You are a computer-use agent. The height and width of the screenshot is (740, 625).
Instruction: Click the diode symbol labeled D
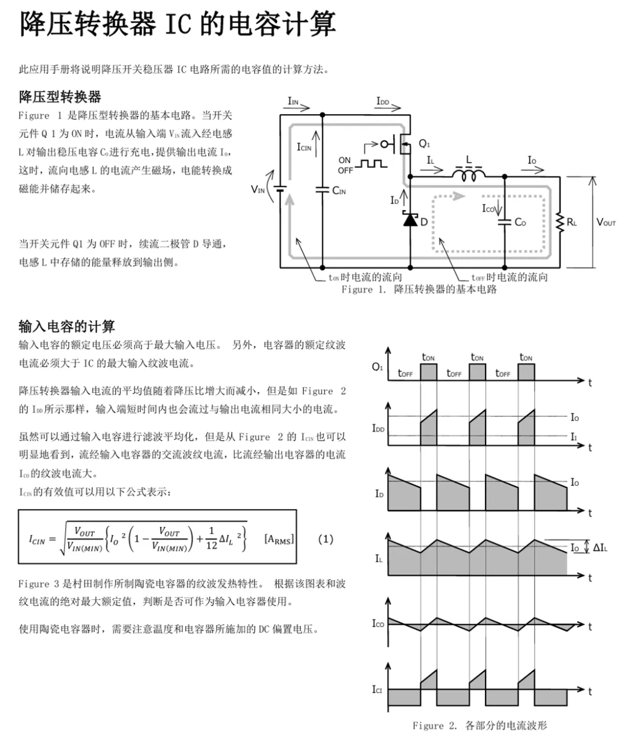click(x=410, y=220)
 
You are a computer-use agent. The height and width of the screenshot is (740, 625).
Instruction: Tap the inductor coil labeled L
click(x=468, y=173)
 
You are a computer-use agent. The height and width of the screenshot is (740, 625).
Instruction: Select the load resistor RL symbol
click(x=560, y=222)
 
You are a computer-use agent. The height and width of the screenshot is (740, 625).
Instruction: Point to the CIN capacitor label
click(x=339, y=191)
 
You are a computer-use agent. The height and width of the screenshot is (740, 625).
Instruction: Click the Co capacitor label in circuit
click(x=520, y=222)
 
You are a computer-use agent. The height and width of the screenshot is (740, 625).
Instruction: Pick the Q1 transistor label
click(x=424, y=144)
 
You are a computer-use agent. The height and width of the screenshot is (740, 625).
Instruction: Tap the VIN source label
click(x=258, y=189)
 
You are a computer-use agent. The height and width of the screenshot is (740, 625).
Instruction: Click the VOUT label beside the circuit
click(x=606, y=222)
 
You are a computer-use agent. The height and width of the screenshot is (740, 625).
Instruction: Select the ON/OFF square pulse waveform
click(x=371, y=164)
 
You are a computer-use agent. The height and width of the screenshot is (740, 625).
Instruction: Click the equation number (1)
click(x=326, y=539)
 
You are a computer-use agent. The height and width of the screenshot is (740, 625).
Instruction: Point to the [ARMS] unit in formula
click(x=279, y=539)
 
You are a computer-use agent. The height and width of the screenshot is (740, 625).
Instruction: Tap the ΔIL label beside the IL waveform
click(x=600, y=547)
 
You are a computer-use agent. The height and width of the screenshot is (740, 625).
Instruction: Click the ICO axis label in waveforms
click(x=378, y=623)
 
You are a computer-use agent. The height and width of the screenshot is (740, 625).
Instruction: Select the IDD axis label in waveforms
click(x=378, y=428)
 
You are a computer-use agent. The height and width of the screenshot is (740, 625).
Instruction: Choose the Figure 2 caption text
click(x=479, y=726)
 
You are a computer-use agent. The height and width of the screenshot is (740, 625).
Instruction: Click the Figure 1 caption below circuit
click(x=419, y=290)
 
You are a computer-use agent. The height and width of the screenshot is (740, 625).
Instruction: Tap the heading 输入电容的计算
click(x=67, y=327)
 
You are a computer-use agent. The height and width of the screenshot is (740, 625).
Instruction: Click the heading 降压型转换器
click(x=60, y=97)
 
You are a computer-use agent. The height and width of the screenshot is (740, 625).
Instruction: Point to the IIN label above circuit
click(x=293, y=101)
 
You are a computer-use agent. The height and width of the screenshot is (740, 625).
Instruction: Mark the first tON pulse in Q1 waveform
click(x=428, y=372)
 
